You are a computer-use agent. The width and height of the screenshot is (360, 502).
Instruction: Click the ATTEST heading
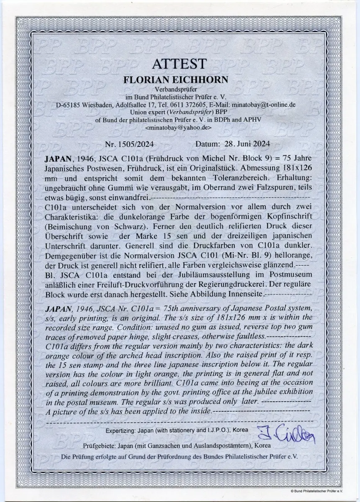(179, 64)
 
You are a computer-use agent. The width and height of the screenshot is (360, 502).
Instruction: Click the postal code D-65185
(69, 105)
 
